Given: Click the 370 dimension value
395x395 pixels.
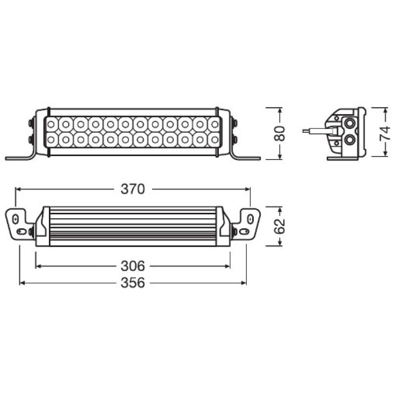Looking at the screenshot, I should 133,189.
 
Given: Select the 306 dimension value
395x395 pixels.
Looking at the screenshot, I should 133,266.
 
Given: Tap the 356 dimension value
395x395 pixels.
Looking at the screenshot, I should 133,283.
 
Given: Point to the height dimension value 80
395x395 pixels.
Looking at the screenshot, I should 280,134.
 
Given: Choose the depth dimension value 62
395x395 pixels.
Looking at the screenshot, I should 280,226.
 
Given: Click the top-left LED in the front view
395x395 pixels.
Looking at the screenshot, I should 52,123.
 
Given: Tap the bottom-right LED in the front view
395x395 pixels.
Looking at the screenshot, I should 214,140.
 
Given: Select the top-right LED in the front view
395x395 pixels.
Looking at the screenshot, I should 214,123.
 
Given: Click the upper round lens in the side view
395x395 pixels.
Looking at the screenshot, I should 351,123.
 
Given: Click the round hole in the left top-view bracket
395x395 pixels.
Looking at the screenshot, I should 16,218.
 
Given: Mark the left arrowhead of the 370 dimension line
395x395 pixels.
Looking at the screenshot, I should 17,189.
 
